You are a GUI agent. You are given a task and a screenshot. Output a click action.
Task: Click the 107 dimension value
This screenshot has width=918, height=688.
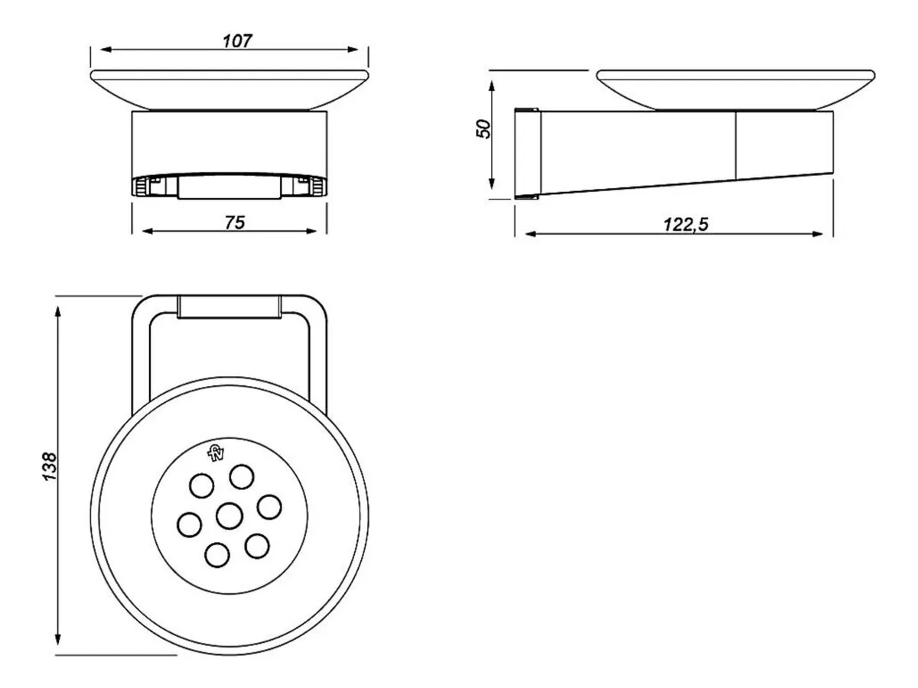237,41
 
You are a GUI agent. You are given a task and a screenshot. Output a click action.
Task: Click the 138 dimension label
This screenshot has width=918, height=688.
50,466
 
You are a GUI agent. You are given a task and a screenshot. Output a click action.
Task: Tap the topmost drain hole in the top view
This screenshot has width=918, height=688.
243,475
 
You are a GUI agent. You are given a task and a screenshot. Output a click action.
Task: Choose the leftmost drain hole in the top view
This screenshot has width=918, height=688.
187,524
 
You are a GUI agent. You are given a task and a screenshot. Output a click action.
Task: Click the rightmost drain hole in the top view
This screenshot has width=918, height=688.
269,506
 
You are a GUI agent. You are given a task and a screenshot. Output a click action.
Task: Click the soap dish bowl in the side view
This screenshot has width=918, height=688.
734,87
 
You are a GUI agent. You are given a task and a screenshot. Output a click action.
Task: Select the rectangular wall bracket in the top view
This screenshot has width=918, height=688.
229,307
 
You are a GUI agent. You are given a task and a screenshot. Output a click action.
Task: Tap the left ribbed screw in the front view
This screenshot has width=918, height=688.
143,186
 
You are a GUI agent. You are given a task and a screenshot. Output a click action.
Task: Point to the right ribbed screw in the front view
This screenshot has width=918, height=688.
315,186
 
